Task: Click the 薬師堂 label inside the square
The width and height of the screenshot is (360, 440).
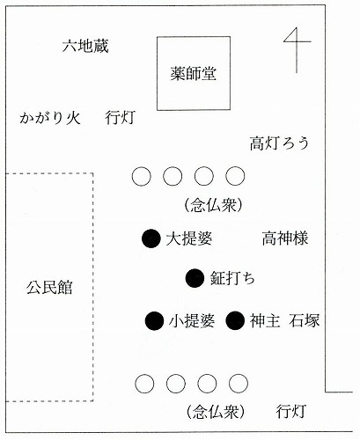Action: (x=194, y=73)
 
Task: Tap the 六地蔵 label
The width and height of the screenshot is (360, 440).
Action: (x=85, y=46)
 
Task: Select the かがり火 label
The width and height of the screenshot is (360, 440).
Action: (x=50, y=118)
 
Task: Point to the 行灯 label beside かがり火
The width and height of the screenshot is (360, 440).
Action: (x=121, y=118)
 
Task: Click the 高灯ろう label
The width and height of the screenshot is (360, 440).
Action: (x=280, y=143)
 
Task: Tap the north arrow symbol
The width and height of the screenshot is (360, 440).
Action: (x=297, y=50)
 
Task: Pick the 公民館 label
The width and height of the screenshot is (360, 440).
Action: (x=49, y=287)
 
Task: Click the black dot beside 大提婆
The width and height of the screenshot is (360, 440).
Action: (x=151, y=238)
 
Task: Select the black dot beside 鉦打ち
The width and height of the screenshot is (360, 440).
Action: (x=195, y=278)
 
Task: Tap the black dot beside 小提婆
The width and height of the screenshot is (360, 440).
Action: (x=154, y=320)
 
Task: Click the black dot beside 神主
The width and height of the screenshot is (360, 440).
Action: (x=235, y=320)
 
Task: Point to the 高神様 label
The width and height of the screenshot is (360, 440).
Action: (x=285, y=238)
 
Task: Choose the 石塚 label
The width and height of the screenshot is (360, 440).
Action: (x=305, y=320)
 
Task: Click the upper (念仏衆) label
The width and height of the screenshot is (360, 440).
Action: (x=213, y=206)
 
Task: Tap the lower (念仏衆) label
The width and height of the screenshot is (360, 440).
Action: (x=215, y=412)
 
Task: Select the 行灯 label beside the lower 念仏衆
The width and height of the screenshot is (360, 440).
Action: (x=291, y=411)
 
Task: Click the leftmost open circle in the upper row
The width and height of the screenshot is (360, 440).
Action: (x=142, y=176)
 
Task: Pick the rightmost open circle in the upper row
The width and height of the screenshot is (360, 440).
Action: (x=235, y=176)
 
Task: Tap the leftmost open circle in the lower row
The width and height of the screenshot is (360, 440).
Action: (x=144, y=384)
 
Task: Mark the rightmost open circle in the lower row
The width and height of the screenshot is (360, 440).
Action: (x=239, y=384)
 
